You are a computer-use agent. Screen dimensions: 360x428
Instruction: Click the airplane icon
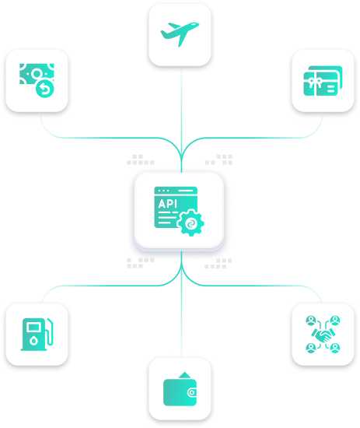[x=180, y=33]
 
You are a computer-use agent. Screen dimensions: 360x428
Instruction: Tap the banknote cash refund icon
[x=37, y=80]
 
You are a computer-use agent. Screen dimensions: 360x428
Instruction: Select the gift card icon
[x=323, y=81]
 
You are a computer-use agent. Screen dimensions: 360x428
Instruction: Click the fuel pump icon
[x=37, y=334]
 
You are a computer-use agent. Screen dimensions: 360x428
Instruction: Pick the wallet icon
[x=180, y=388]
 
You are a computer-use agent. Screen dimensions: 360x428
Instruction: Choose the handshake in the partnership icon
[x=323, y=335]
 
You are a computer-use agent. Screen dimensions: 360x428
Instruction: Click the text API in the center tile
[x=167, y=204]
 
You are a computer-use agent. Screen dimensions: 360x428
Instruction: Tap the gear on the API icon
[x=190, y=223]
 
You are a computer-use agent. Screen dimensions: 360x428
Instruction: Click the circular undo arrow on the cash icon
[x=45, y=89]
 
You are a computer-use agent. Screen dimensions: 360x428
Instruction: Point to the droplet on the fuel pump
[x=33, y=340]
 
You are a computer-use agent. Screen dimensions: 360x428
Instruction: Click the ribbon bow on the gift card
[x=316, y=81]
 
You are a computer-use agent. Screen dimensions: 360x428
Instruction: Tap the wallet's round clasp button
[x=192, y=392]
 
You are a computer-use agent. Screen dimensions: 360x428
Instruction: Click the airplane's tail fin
[x=166, y=34]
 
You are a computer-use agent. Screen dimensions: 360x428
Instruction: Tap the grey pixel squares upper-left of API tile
[x=141, y=160]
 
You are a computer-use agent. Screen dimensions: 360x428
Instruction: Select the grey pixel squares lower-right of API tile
[x=218, y=263]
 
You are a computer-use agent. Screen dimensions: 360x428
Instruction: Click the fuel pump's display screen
[x=33, y=327]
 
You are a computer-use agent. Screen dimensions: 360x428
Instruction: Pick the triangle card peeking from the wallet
[x=184, y=375]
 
